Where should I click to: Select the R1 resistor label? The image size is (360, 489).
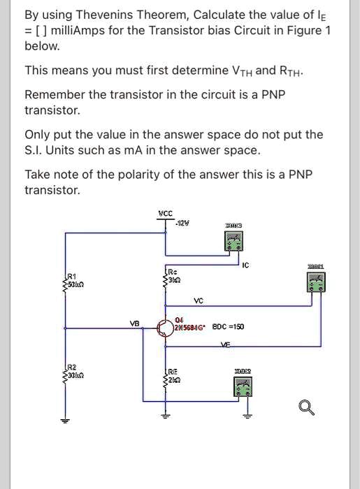[x=71, y=277]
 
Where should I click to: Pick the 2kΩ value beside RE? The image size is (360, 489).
[x=176, y=381]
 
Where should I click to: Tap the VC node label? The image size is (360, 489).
[x=198, y=301]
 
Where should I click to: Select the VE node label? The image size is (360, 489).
[x=224, y=346]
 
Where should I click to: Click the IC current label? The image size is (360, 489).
[x=244, y=265]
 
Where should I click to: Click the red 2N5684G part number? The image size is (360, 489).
[x=189, y=327]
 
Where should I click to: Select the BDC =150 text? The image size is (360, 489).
[x=229, y=327]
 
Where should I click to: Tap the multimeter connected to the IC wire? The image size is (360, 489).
[x=233, y=241]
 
